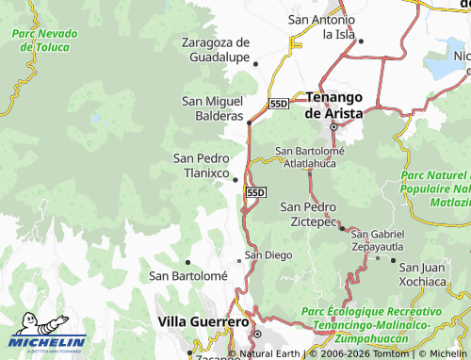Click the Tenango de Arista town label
334,104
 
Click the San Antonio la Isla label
321,26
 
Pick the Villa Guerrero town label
204,321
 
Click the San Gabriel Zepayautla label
378,238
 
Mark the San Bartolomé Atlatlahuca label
310,156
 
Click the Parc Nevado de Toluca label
45,40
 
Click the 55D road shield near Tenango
278,104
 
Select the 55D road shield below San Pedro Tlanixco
255,192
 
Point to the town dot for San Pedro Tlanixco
235,180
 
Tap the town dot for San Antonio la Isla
361,41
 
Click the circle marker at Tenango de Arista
333,127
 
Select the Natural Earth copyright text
274,353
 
